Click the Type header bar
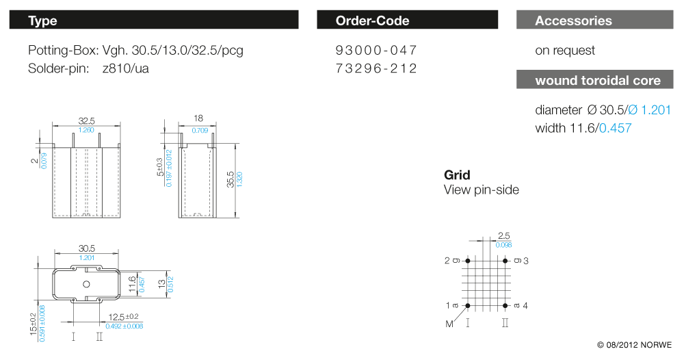(x=154, y=20)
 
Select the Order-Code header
(x=408, y=20)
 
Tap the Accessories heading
(x=595, y=20)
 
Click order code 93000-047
(x=376, y=50)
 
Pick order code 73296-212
(x=376, y=68)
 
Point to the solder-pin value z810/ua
(x=126, y=68)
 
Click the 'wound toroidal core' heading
(x=595, y=80)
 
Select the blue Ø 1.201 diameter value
(x=650, y=110)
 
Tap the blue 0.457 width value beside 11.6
(x=615, y=128)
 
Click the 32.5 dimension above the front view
(x=86, y=121)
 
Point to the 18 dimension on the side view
(x=198, y=118)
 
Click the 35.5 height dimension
(x=231, y=180)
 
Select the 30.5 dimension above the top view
(x=86, y=248)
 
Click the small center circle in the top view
(x=86, y=284)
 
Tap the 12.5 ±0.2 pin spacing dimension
(x=123, y=317)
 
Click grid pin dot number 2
(x=468, y=261)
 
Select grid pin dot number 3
(x=505, y=261)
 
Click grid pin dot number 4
(x=505, y=305)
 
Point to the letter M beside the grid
(x=449, y=324)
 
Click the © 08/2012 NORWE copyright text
(x=634, y=345)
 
